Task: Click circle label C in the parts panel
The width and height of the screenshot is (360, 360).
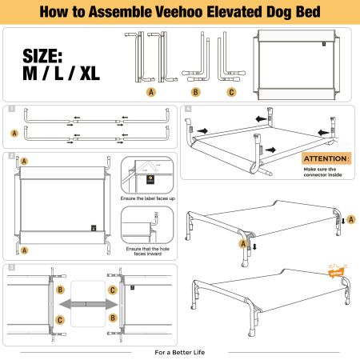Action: click(x=232, y=92)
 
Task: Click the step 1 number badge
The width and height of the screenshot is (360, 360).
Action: click(x=9, y=108)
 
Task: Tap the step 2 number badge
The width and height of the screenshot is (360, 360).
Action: click(x=9, y=155)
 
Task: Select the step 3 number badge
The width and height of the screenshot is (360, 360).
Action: click(x=9, y=267)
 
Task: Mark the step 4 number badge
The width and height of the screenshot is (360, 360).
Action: click(x=187, y=108)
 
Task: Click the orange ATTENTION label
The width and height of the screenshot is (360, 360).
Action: click(x=326, y=158)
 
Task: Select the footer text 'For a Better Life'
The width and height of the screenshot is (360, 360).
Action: click(x=180, y=351)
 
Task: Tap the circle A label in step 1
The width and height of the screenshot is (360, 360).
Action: click(x=14, y=134)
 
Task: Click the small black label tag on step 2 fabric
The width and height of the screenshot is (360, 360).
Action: click(x=94, y=226)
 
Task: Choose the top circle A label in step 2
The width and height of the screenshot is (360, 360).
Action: click(x=24, y=162)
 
